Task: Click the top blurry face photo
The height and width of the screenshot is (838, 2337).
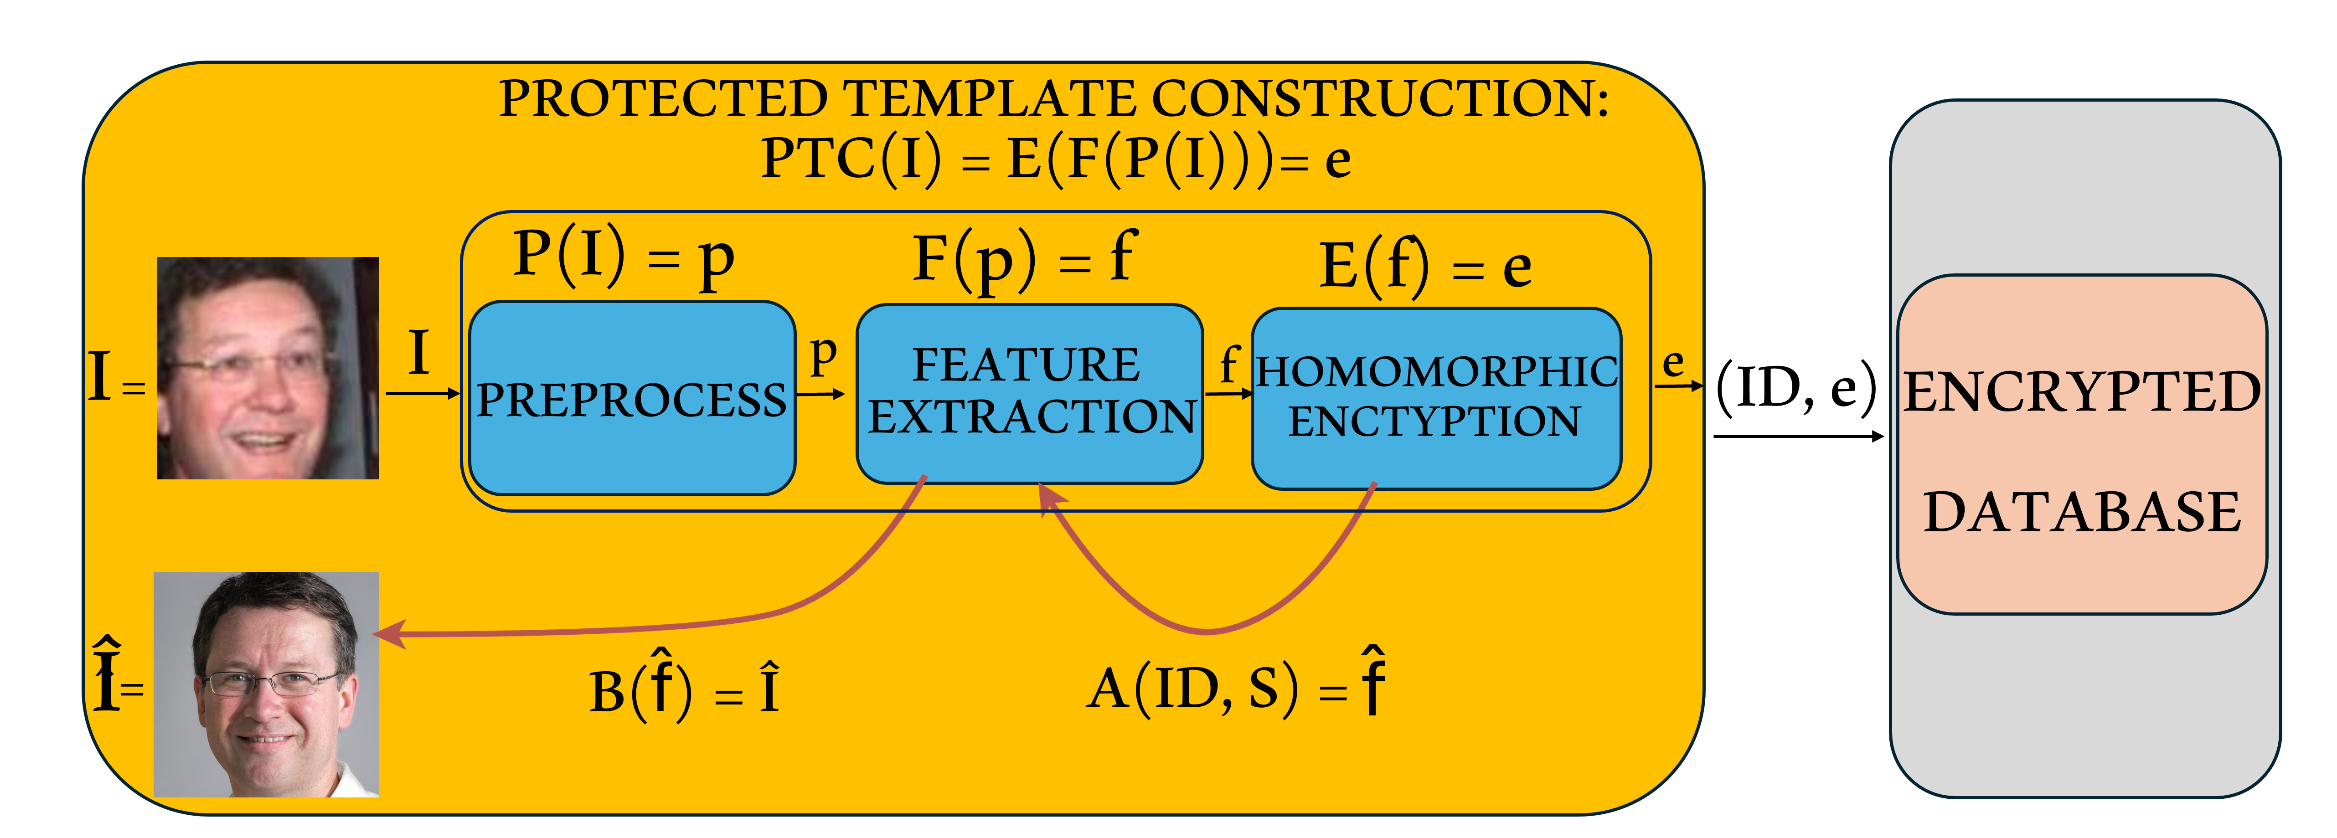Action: click(268, 367)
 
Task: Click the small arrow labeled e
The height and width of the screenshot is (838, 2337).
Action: click(1678, 386)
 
